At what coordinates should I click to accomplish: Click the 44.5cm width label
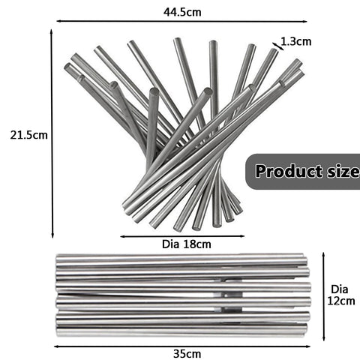point(182,12)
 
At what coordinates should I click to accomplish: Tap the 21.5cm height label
point(28,135)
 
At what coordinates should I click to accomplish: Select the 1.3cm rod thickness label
point(296,41)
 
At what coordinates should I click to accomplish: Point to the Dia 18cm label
point(187,244)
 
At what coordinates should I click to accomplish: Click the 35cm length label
point(187,354)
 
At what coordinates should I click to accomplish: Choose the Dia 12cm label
point(341,295)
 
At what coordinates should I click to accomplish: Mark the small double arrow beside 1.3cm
point(278,46)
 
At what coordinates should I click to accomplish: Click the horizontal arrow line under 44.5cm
point(181,22)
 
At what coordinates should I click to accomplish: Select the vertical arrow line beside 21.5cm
point(52,133)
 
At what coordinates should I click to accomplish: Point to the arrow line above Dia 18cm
point(182,236)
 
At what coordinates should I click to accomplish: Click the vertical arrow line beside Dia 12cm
point(324,296)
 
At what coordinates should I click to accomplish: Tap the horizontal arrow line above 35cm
point(182,346)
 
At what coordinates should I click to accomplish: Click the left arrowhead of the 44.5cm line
point(58,22)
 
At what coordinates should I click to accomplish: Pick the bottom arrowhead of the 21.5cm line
point(52,236)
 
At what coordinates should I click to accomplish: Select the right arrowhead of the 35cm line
point(308,346)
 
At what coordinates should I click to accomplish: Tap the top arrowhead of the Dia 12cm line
point(324,254)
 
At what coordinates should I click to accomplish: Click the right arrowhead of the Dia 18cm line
point(242,236)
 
